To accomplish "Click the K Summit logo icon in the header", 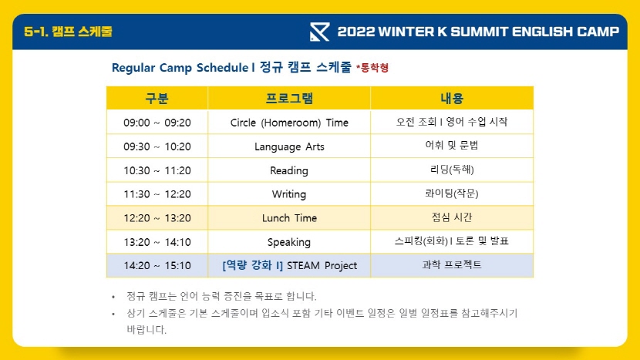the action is [x=319, y=32].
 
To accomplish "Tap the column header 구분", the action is [x=157, y=99].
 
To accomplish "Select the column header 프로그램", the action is [x=289, y=99].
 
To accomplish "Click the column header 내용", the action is [x=452, y=99].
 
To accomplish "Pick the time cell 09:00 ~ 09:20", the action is [x=157, y=123].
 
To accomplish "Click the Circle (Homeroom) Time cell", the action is [x=289, y=123].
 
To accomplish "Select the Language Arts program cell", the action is [x=289, y=146].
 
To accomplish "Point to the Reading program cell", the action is [x=289, y=170].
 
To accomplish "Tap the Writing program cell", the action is [x=289, y=194].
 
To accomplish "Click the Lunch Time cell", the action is [x=289, y=218].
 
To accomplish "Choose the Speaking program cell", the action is [x=289, y=242].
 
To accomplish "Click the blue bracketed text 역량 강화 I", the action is [x=253, y=265].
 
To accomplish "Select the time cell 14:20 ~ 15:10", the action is [x=157, y=265].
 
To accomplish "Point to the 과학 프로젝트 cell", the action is [x=452, y=265].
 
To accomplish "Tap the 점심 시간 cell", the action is [x=452, y=217].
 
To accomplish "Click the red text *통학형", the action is [x=372, y=67].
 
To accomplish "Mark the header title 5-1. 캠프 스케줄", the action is [x=68, y=32].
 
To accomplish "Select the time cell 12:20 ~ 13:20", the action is [x=157, y=218].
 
